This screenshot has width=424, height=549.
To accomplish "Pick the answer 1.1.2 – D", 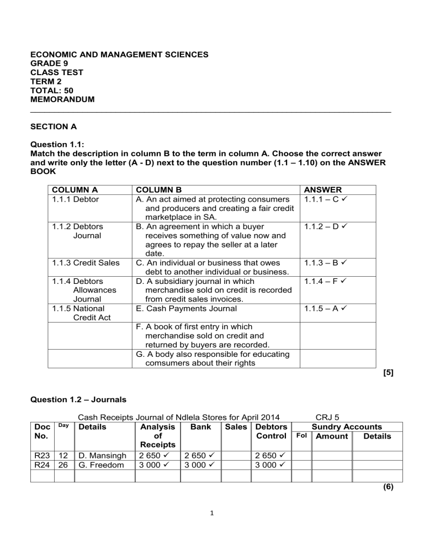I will (325, 226).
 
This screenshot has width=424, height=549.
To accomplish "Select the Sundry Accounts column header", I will (347, 427).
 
